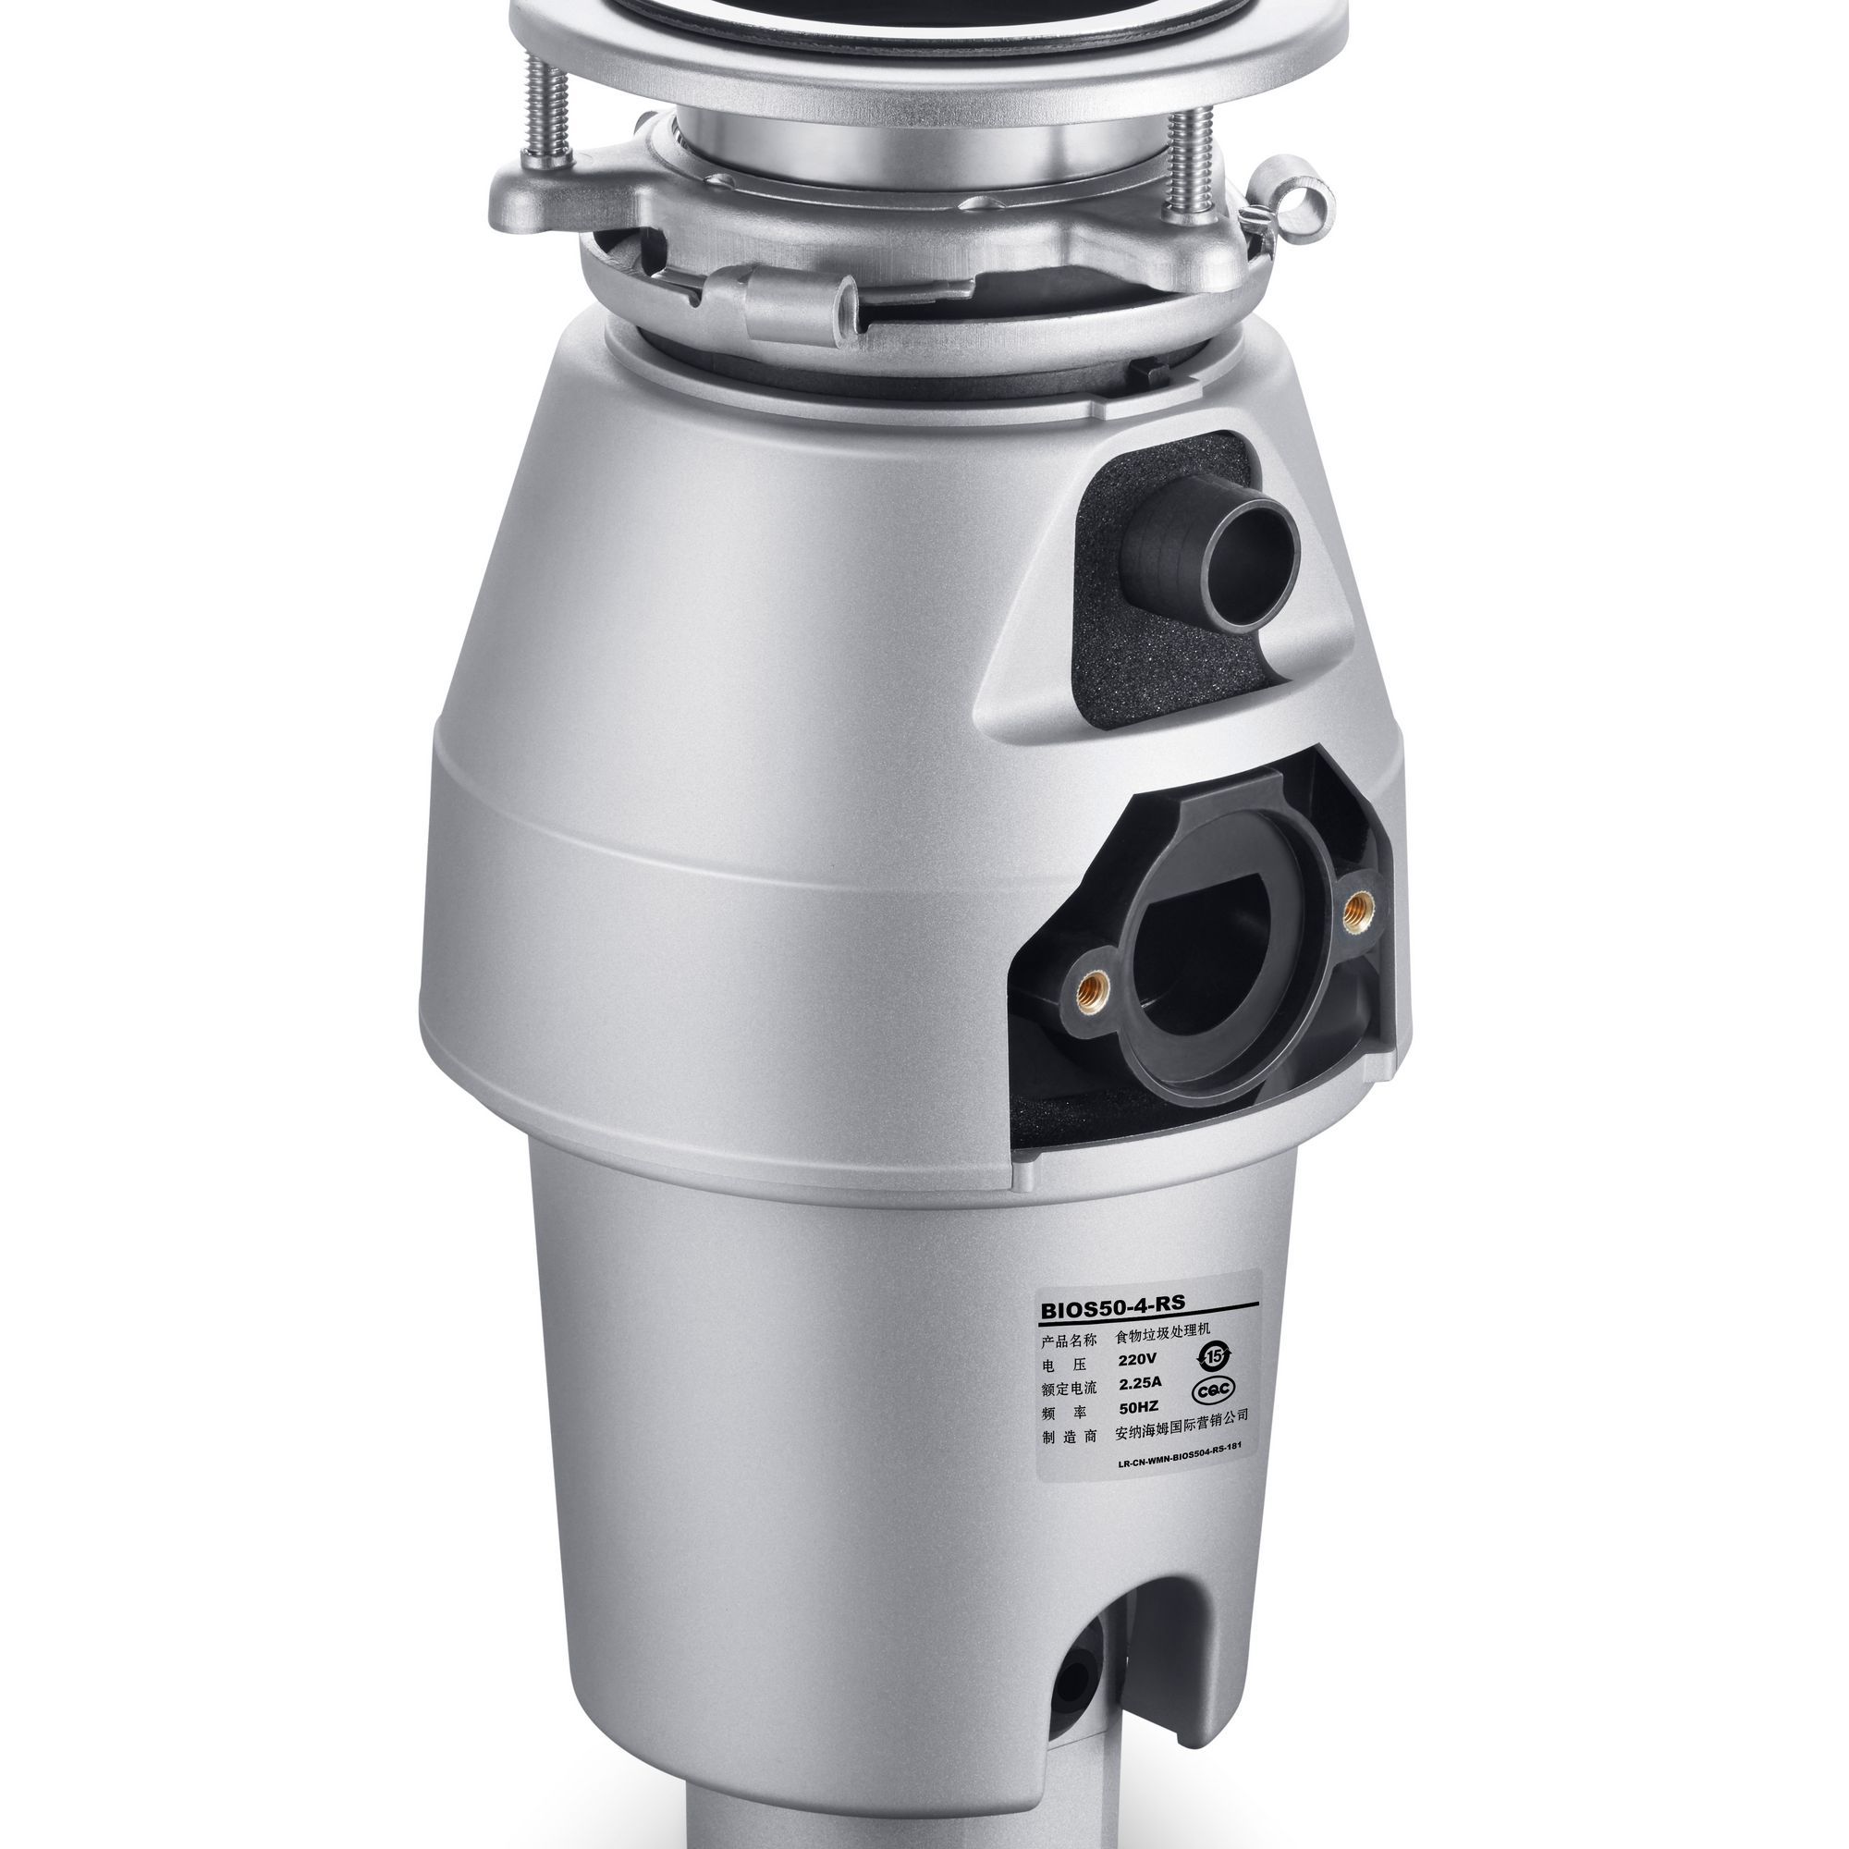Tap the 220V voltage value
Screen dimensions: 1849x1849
1138,1359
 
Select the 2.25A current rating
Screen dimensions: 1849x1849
1140,1383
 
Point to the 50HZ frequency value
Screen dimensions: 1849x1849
1139,1408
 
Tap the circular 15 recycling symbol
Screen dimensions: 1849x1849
1215,1355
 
